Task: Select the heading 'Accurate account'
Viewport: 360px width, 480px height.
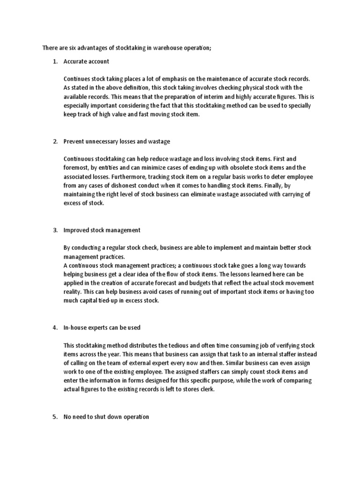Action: point(86,61)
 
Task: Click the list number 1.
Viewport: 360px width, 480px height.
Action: point(54,61)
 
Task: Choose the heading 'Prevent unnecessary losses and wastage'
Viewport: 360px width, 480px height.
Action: point(117,141)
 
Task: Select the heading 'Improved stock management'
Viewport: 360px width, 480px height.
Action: point(102,230)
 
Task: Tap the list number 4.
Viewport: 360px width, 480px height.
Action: point(54,328)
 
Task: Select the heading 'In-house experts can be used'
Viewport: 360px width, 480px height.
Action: point(102,328)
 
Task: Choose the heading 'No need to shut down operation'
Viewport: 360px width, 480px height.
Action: point(106,417)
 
